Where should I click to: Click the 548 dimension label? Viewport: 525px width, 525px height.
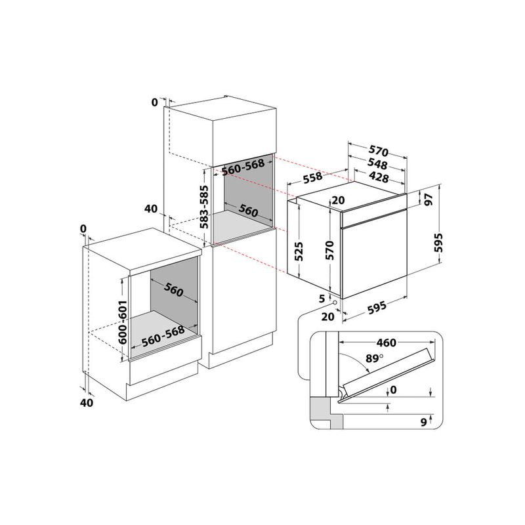377,165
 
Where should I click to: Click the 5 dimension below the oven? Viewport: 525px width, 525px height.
322,299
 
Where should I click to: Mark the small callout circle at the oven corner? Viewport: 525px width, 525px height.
335,303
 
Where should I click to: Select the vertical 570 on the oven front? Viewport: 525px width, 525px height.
329,251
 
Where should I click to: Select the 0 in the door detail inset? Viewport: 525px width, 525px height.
393,390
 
